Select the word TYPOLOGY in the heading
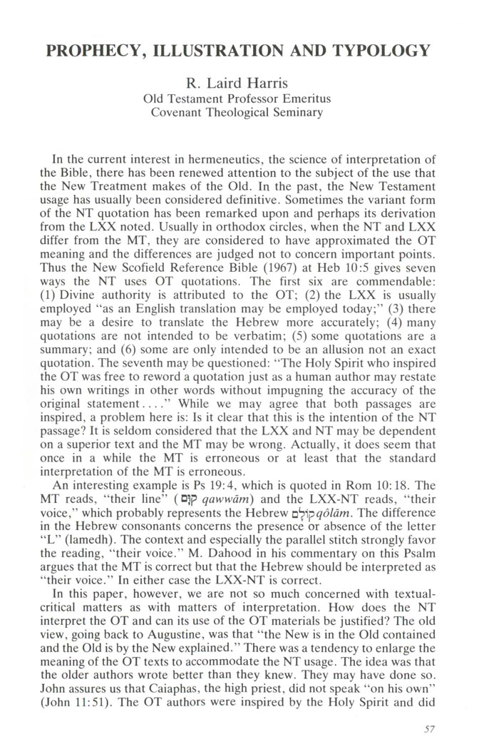[x=379, y=51]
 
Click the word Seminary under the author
[x=296, y=113]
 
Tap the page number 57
[x=427, y=728]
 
